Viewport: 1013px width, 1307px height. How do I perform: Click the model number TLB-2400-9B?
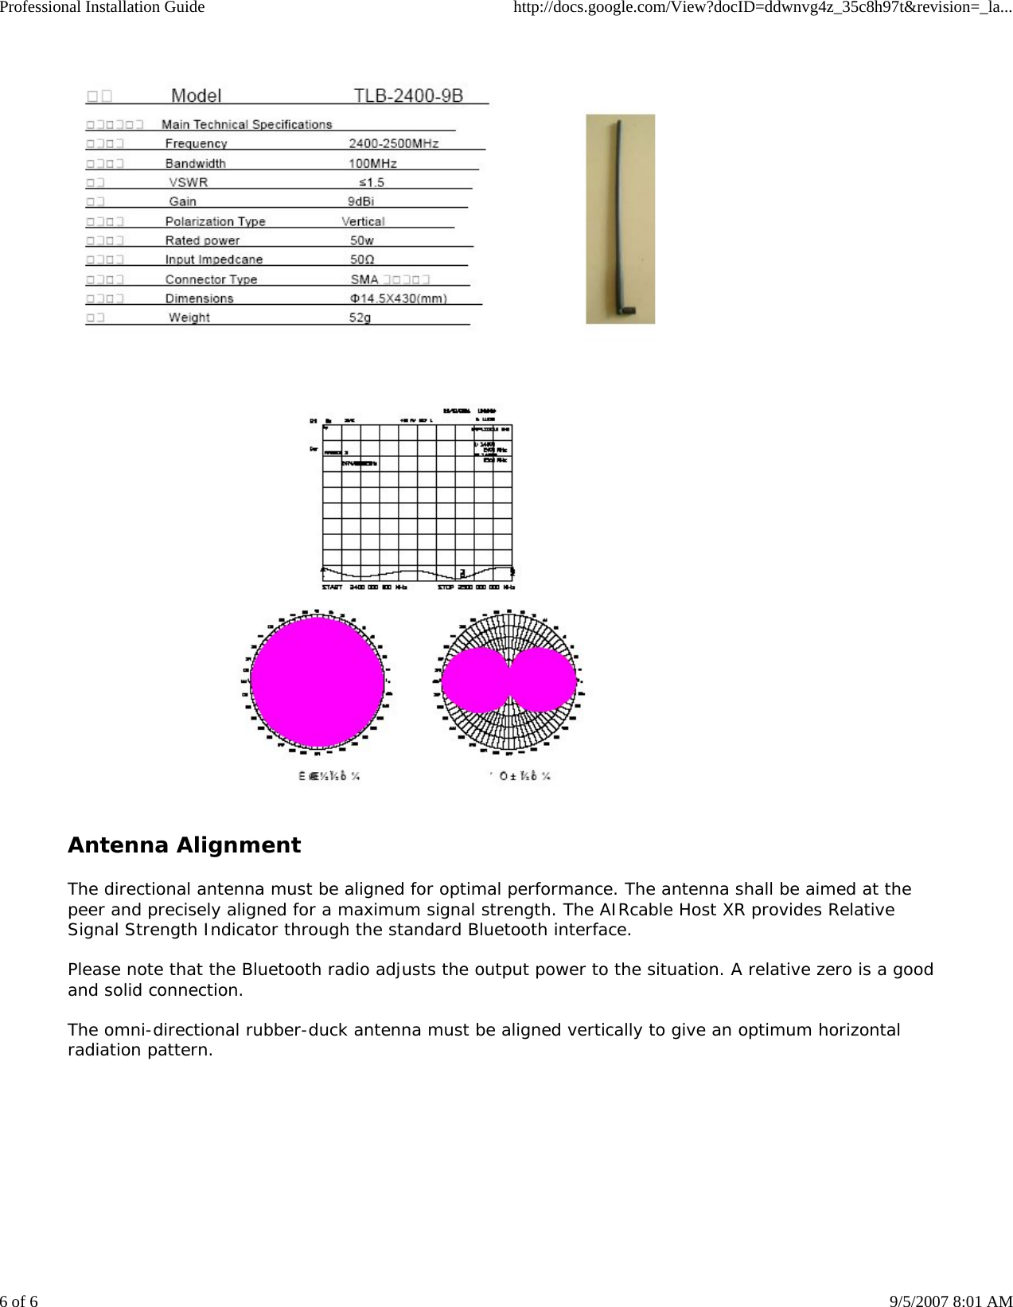coord(407,96)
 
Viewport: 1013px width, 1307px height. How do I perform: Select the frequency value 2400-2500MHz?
coord(393,143)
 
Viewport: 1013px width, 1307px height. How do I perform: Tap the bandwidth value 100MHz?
coord(372,163)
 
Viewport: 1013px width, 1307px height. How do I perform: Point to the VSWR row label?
coord(189,182)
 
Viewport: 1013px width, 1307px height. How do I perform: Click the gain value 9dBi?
coord(360,201)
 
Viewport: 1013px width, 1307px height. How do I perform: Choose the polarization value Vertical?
coord(363,221)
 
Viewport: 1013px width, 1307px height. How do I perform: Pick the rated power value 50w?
coord(361,240)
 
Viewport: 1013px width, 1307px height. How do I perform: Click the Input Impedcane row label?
coord(213,259)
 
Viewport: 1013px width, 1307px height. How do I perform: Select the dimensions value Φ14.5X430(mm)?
coord(398,298)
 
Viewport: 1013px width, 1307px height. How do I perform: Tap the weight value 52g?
coord(360,318)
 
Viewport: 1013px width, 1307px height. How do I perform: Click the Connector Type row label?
coord(211,279)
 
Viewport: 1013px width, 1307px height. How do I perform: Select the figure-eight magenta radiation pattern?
coord(508,680)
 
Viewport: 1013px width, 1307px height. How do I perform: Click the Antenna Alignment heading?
coord(184,845)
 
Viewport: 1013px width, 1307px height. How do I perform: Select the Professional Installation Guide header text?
coord(103,7)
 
